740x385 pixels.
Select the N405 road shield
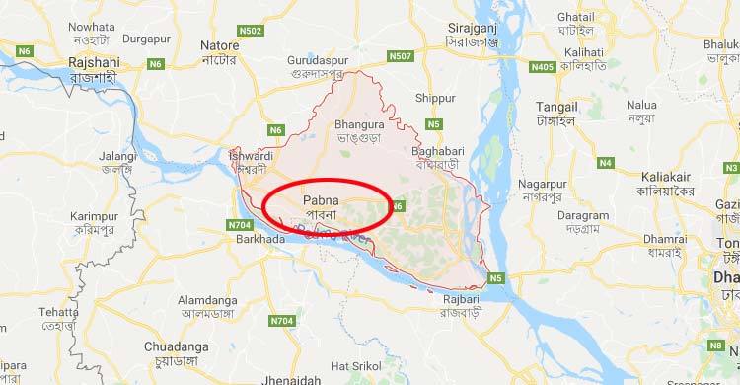tap(542, 67)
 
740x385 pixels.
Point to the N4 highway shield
tap(606, 162)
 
